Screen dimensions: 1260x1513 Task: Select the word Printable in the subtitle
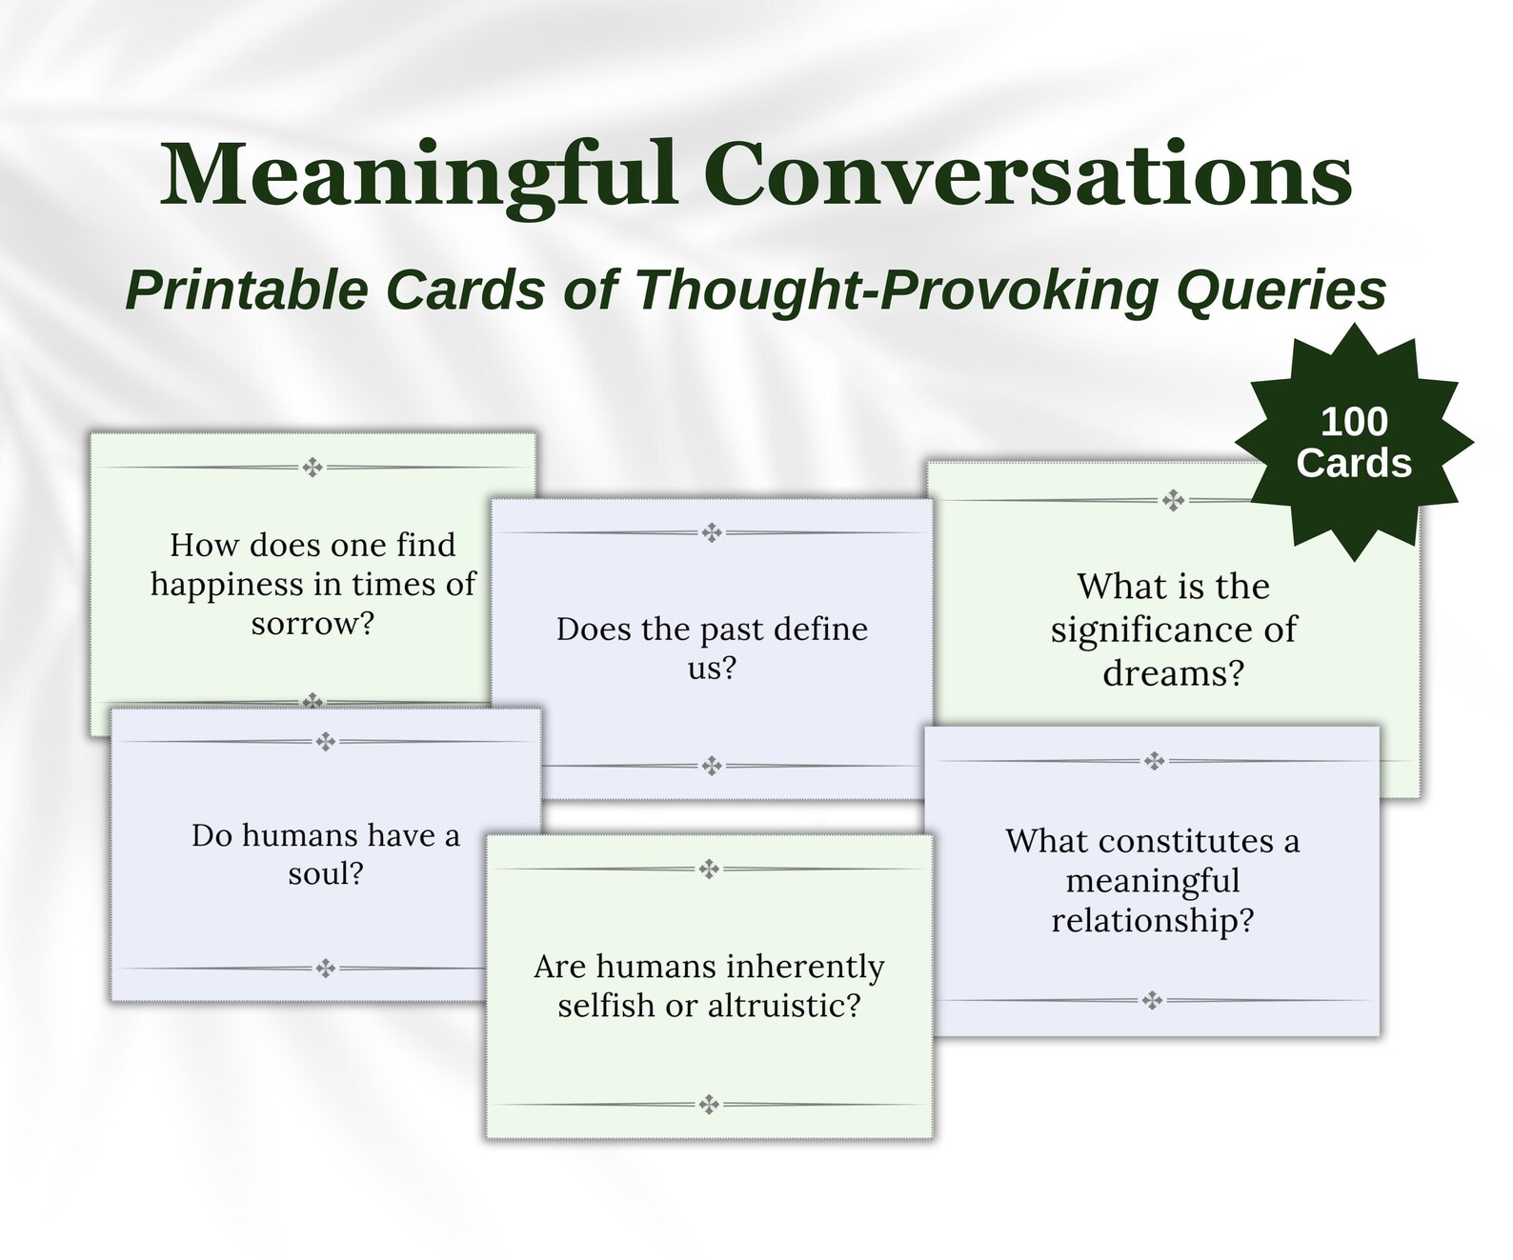pyautogui.click(x=247, y=290)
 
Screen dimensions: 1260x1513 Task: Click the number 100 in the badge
pyautogui.click(x=1353, y=422)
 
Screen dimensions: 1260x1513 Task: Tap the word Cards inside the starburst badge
pyautogui.click(x=1353, y=464)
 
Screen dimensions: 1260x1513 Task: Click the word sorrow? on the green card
pyautogui.click(x=313, y=624)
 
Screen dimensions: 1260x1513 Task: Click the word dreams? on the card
pyautogui.click(x=1173, y=673)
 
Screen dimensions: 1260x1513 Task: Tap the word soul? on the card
pyautogui.click(x=326, y=873)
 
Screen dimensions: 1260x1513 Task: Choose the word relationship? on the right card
pyautogui.click(x=1152, y=920)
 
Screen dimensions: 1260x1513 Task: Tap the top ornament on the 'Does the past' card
pyautogui.click(x=712, y=532)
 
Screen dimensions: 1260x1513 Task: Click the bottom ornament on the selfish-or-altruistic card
pyautogui.click(x=708, y=1105)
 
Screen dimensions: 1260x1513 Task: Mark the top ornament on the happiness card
pyautogui.click(x=313, y=467)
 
